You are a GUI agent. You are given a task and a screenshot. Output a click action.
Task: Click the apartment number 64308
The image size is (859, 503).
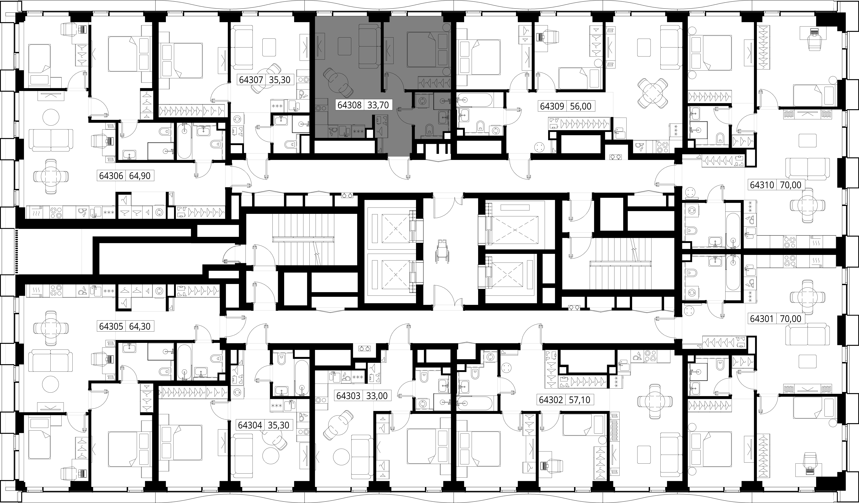click(349, 105)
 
